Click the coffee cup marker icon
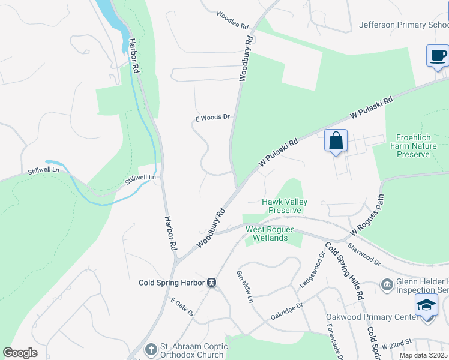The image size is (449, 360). (437, 56)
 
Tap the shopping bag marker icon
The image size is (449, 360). (336, 142)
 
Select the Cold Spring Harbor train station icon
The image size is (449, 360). (211, 283)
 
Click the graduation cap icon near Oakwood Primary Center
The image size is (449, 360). (427, 306)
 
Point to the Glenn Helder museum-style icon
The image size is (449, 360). (387, 283)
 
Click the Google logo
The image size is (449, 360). (20, 353)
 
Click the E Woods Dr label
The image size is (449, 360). (213, 118)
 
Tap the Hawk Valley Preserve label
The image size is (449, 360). (285, 206)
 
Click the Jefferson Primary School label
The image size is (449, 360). (403, 25)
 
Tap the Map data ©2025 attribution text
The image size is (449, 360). (423, 355)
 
